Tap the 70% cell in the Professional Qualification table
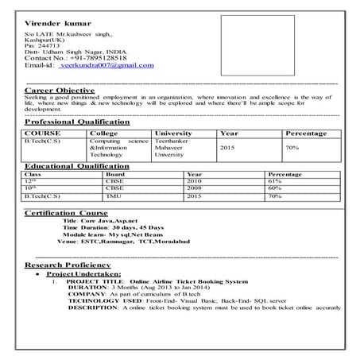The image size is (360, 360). tap(292, 148)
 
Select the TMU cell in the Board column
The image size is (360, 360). tap(114, 195)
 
